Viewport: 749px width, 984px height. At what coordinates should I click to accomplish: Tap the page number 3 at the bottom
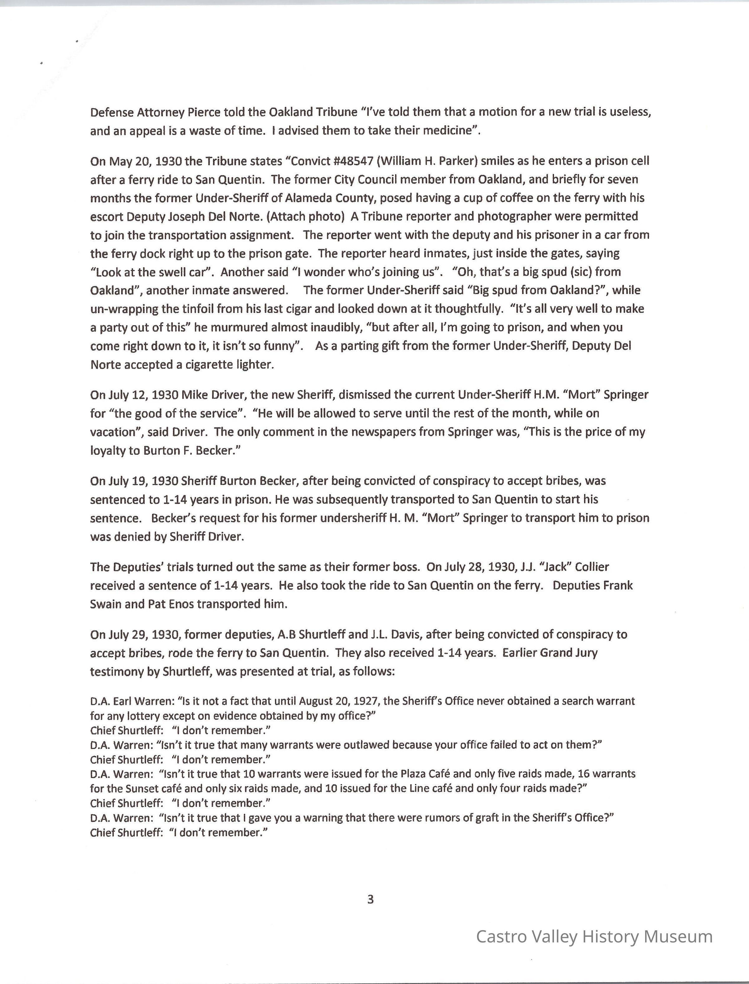pos(370,900)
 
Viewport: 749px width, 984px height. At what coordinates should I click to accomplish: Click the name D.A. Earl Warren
pos(131,701)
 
